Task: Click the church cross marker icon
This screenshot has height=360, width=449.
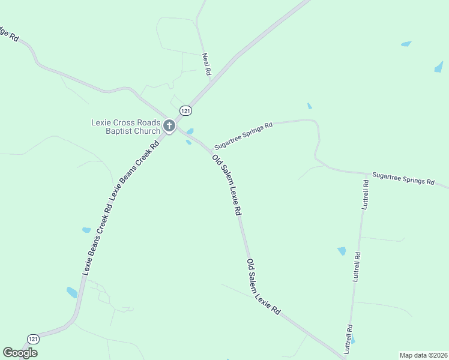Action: (x=169, y=126)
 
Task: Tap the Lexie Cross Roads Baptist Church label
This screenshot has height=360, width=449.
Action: (x=125, y=127)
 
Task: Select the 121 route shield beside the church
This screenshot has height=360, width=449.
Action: (x=186, y=111)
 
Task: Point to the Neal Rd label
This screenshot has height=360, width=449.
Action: (x=206, y=64)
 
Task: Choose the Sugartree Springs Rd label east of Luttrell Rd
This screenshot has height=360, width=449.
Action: (x=403, y=178)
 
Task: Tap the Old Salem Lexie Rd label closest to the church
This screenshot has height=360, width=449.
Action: (x=226, y=185)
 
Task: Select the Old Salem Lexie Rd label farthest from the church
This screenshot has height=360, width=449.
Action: (x=264, y=287)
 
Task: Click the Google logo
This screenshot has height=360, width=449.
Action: (x=20, y=353)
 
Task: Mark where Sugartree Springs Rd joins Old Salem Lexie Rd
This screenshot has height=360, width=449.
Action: (x=214, y=150)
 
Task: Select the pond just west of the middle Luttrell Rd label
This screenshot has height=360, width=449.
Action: (x=342, y=251)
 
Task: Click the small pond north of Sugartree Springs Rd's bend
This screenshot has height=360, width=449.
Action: (x=310, y=106)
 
